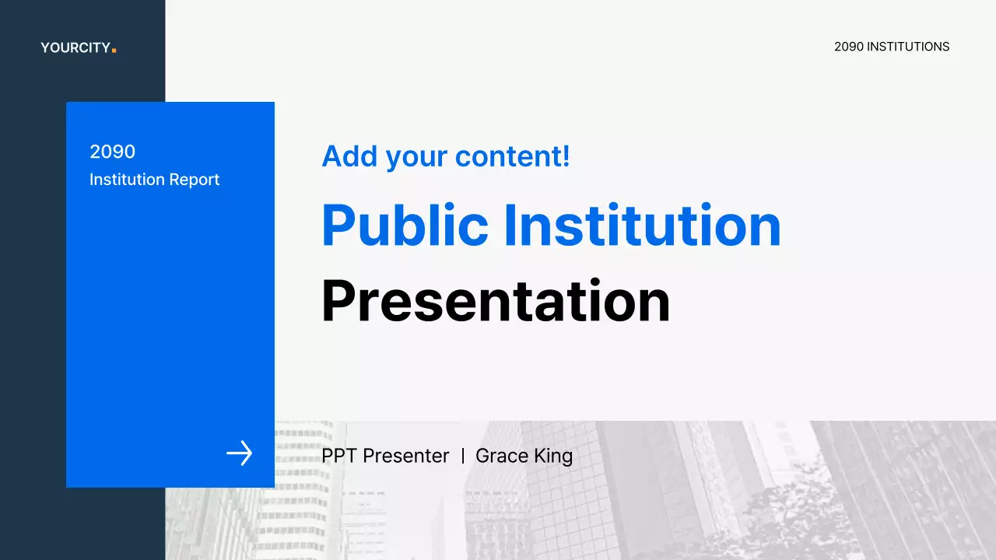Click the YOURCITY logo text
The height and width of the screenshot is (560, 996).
75,47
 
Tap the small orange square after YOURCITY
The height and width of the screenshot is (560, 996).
114,51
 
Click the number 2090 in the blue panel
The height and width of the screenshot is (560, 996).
113,152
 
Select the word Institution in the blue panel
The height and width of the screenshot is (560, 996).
127,180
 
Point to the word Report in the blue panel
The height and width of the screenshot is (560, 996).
195,180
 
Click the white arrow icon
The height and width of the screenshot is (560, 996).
239,453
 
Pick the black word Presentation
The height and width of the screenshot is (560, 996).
496,301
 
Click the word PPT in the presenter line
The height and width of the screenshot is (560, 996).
338,456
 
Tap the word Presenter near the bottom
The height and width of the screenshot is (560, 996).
406,456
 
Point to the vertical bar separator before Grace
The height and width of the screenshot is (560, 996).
463,456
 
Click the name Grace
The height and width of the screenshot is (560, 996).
502,456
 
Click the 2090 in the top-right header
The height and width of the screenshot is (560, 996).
849,47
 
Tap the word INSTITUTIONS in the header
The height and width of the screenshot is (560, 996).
908,47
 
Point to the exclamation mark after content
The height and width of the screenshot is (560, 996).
566,156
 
